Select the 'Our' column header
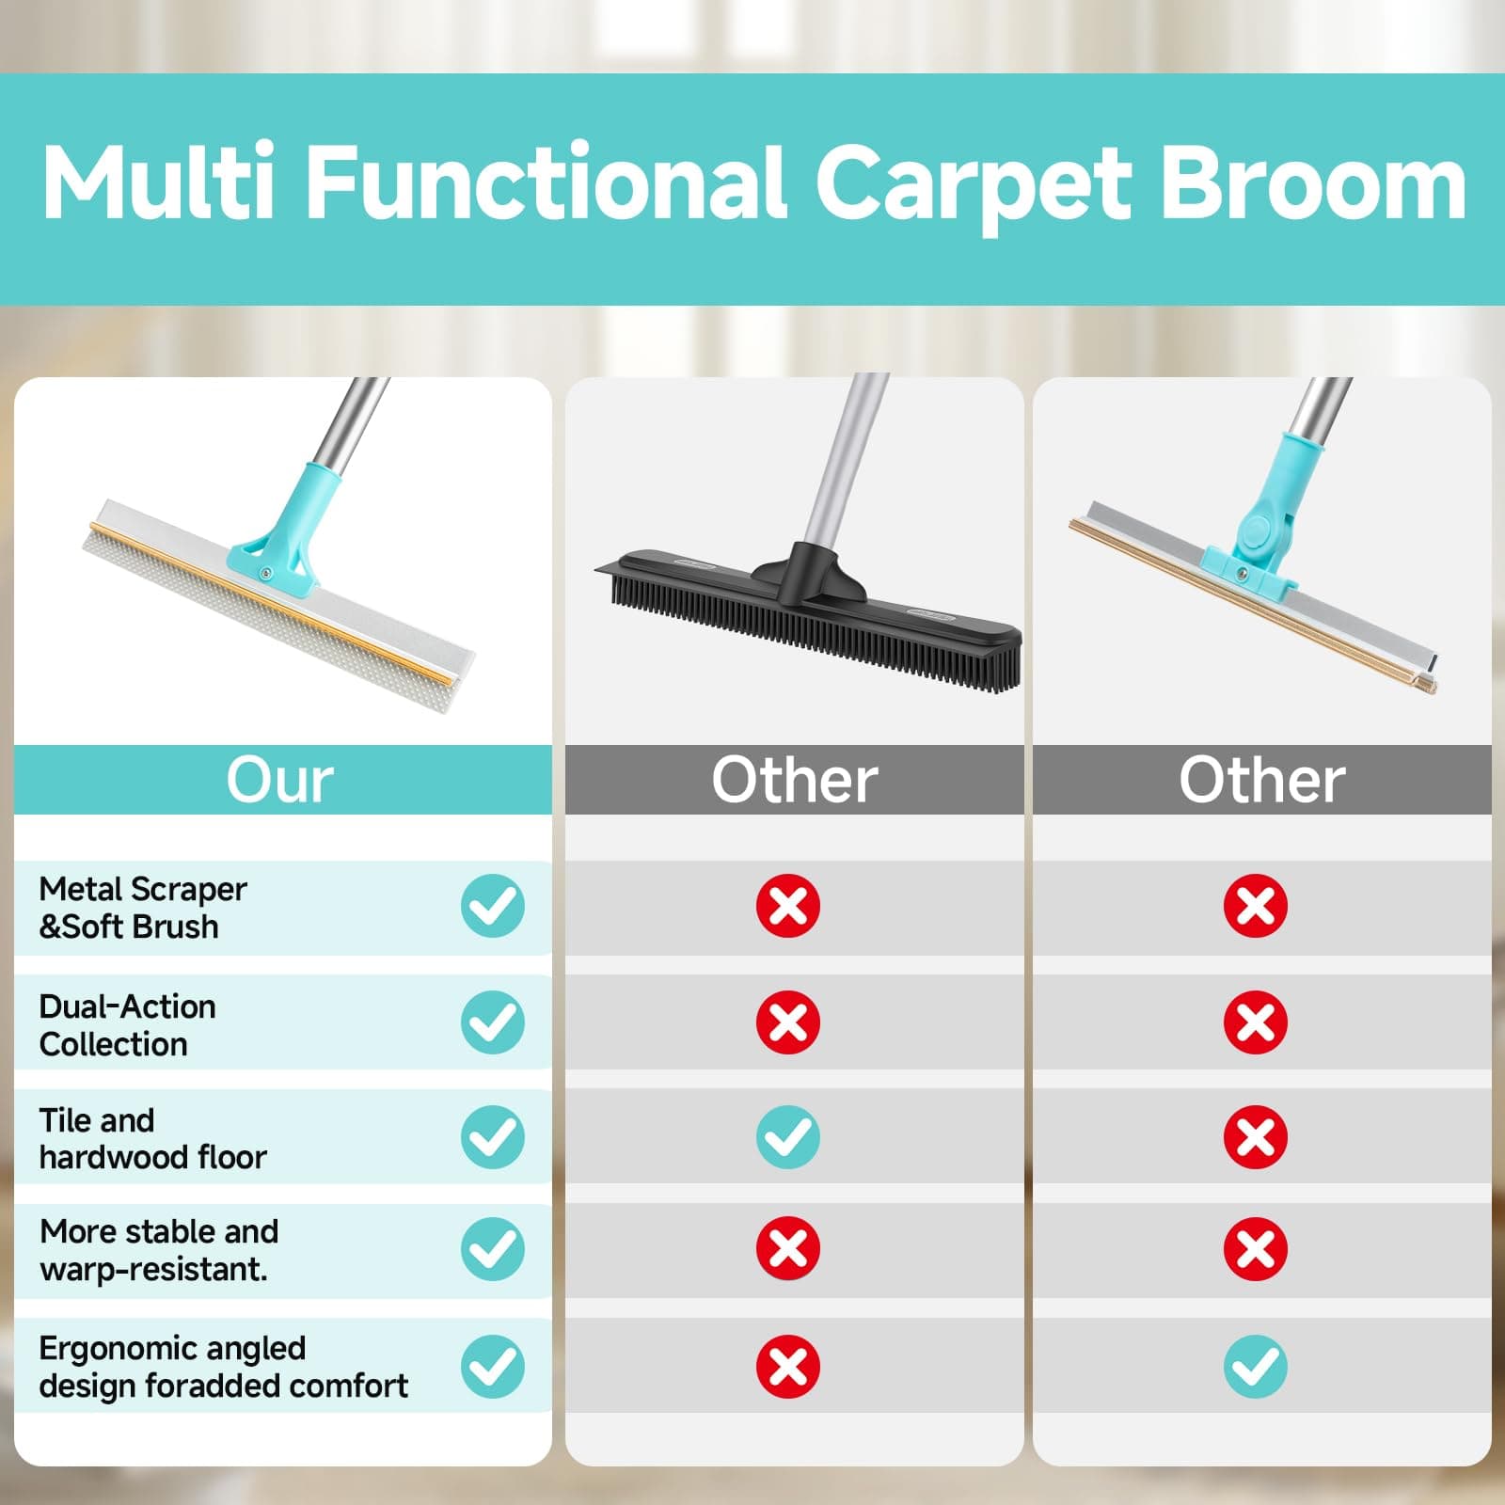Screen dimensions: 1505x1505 280,780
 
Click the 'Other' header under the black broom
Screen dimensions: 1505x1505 794,780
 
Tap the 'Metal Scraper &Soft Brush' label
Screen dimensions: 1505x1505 143,908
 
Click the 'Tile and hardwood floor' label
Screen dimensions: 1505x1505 152,1138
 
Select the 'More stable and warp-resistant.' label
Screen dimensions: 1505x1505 159,1250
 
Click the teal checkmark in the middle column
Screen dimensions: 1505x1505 788,1137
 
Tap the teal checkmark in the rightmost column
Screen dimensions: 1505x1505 1256,1367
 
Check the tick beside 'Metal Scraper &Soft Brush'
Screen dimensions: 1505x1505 493,906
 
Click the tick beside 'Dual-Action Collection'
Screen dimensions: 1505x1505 493,1022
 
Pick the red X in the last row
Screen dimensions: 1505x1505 788,1367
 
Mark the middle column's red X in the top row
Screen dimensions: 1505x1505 788,906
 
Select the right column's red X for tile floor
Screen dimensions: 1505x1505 1256,1137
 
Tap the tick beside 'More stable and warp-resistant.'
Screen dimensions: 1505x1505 493,1249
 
